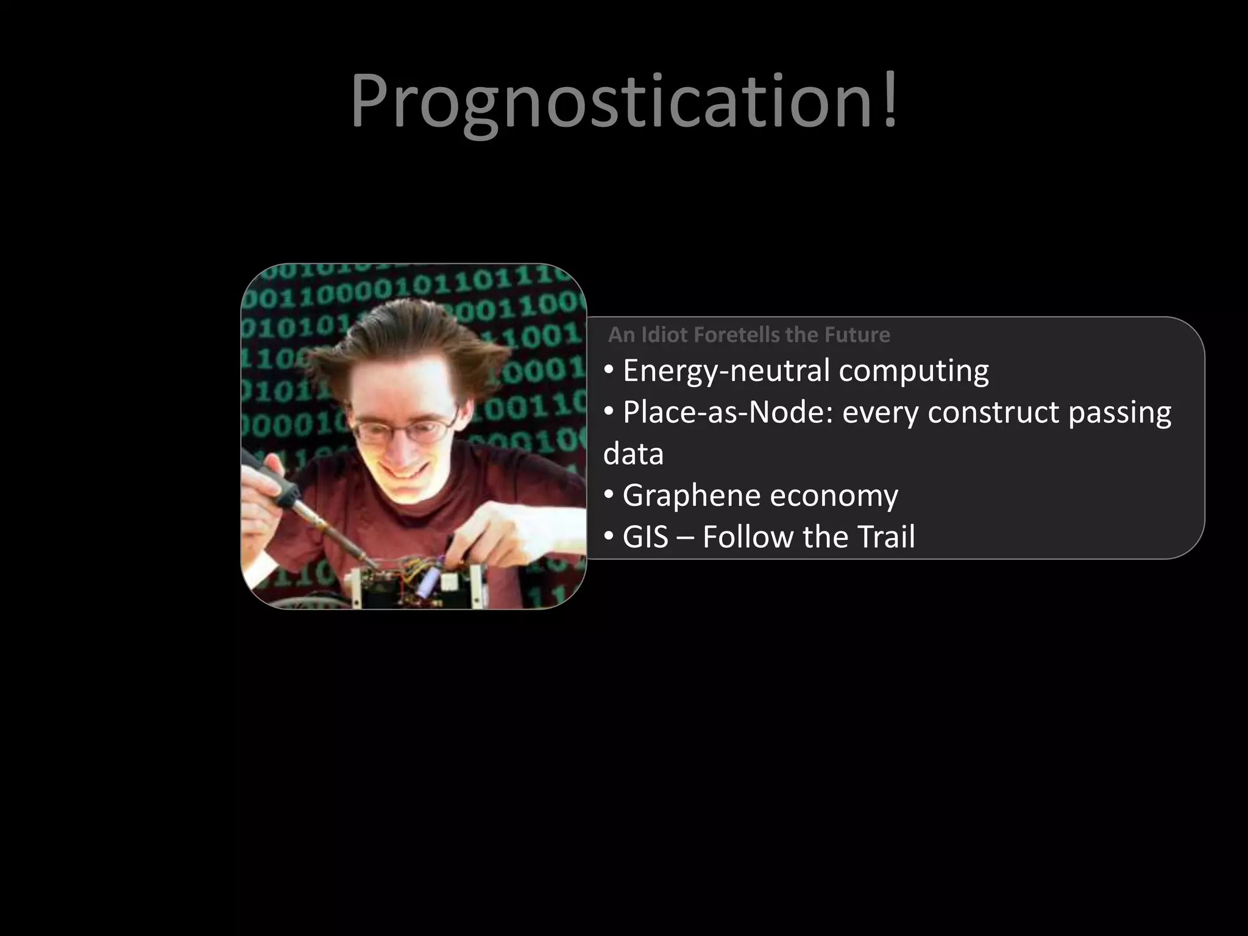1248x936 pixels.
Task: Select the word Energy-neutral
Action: click(726, 371)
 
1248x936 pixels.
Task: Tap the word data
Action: click(633, 455)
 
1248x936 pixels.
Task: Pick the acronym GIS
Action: click(645, 537)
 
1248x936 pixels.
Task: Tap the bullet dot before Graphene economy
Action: click(609, 495)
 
